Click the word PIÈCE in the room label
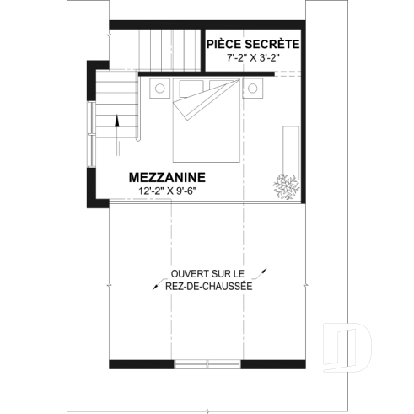[x=224, y=44]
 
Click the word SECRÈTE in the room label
[x=272, y=44]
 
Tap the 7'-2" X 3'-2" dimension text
[x=252, y=59]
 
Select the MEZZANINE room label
[x=167, y=178]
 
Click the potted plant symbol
[x=284, y=187]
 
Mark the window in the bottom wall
[x=207, y=363]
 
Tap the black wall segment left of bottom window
[x=142, y=363]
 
